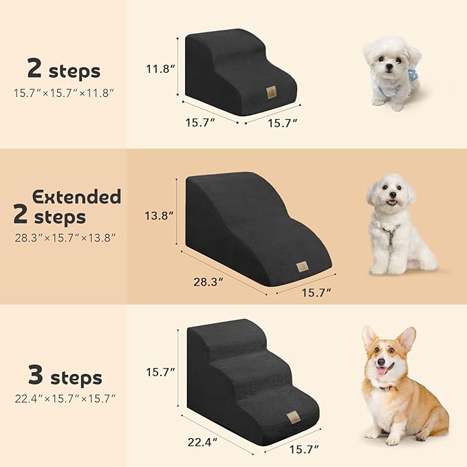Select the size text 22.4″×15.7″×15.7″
[x=65, y=398]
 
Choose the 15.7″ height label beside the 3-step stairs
[x=160, y=372]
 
